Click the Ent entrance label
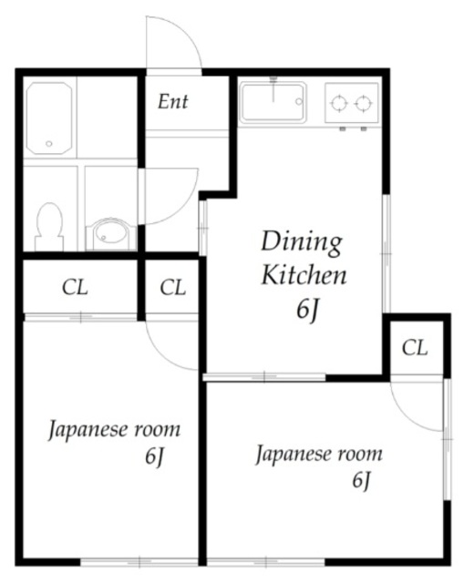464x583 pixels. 173,101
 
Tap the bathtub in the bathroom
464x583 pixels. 48,118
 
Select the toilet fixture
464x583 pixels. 49,227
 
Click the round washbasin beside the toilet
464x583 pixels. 111,233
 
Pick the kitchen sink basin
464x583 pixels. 273,103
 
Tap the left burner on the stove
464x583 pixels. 339,103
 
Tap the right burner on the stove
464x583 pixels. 363,103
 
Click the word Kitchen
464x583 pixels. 304,275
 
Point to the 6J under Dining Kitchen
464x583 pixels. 308,310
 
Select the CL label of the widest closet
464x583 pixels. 75,288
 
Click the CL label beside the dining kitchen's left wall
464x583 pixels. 172,288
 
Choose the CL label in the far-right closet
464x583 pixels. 415,348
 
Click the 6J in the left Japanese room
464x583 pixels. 154,456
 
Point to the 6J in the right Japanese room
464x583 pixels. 362,480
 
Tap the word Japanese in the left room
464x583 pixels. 88,431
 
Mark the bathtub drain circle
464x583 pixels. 48,144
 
